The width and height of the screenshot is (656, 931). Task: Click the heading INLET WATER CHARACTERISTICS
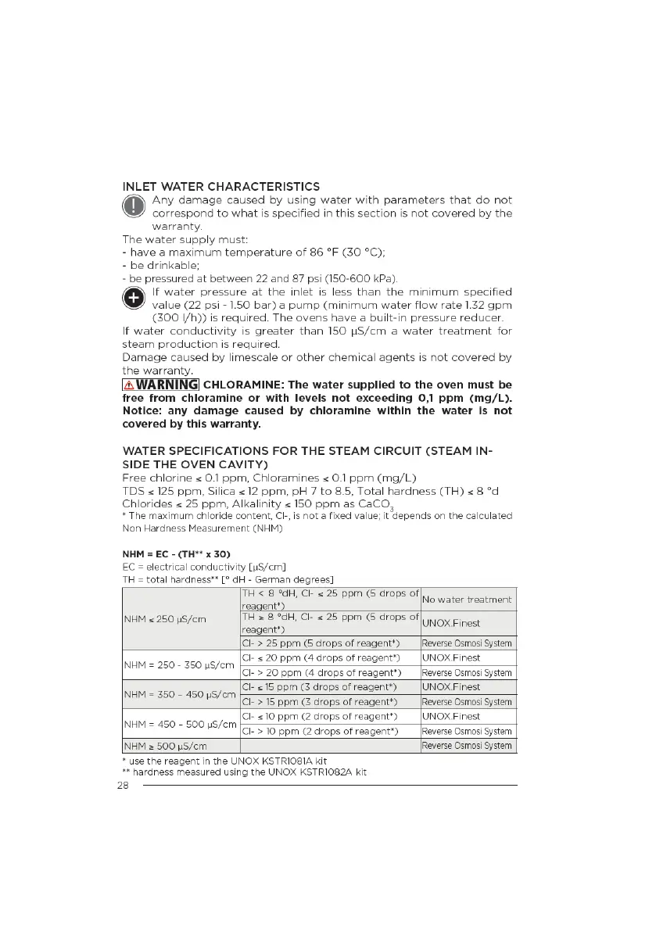[221, 187]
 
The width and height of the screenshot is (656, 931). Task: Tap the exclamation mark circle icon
[134, 206]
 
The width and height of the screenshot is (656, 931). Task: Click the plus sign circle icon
[134, 299]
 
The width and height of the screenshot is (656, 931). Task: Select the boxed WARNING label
[160, 385]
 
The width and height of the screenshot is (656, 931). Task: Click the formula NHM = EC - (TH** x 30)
[177, 553]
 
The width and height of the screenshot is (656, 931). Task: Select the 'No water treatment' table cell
[467, 600]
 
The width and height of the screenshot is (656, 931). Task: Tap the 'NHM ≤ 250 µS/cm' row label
[165, 618]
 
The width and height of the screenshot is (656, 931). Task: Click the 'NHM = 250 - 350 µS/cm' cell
[179, 665]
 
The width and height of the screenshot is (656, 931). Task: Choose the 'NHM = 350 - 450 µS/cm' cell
[179, 694]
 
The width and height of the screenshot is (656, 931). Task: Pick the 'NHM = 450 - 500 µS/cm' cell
[179, 724]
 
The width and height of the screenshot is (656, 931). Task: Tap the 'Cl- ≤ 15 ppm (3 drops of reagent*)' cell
[320, 687]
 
